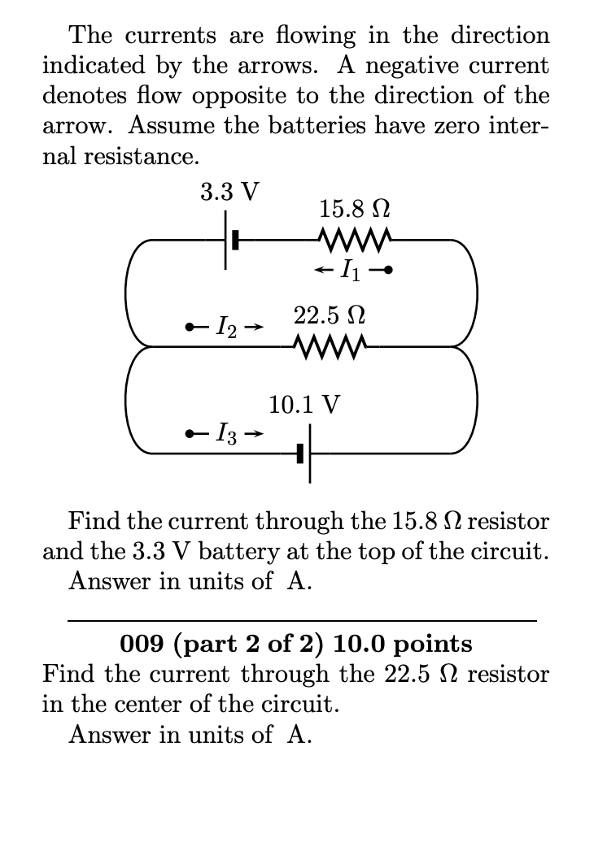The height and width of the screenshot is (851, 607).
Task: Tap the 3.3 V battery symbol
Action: click(x=229, y=241)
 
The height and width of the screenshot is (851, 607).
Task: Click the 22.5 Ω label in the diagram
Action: click(x=329, y=315)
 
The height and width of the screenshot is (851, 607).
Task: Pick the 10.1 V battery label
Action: click(x=304, y=403)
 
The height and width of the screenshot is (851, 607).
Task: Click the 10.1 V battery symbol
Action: click(x=305, y=453)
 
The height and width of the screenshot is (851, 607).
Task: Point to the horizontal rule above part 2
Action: click(x=302, y=621)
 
